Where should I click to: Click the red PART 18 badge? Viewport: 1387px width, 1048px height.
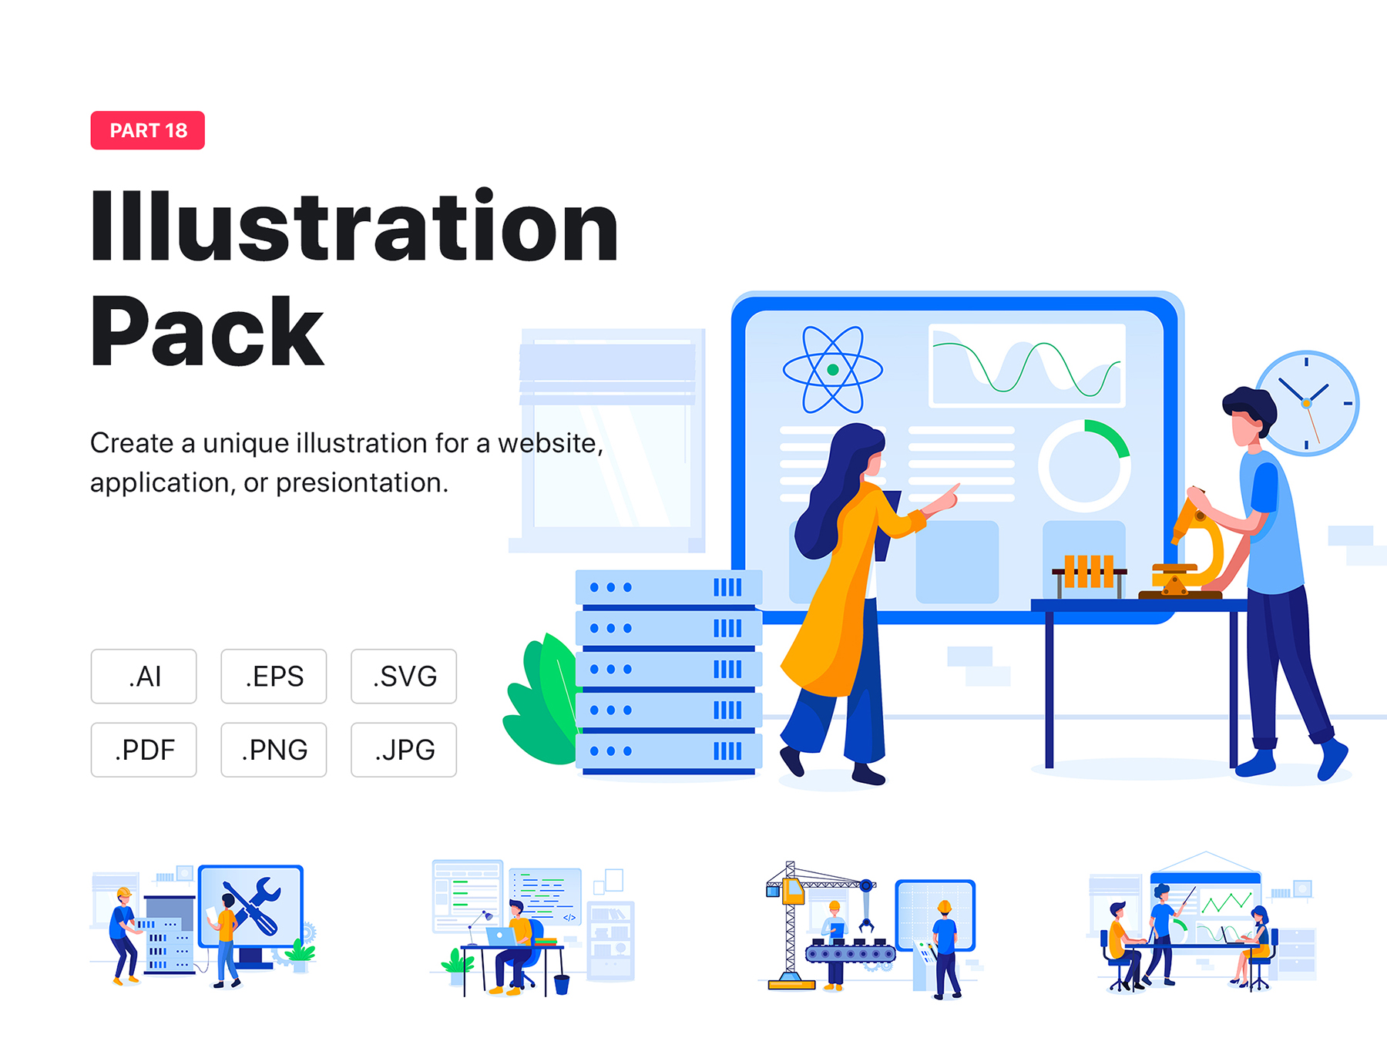pyautogui.click(x=148, y=130)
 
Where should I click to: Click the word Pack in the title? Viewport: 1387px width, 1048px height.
pyautogui.click(x=207, y=331)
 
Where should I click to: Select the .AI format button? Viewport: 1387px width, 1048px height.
pyautogui.click(x=144, y=677)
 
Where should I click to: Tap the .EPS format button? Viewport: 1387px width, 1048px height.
pyautogui.click(x=274, y=677)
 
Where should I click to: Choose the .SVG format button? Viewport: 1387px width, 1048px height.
pyautogui.click(x=404, y=677)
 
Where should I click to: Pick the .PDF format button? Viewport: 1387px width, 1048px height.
pyautogui.click(x=144, y=750)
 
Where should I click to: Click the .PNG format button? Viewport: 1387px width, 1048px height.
pyautogui.click(x=274, y=750)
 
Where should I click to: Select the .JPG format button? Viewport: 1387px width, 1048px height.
pyautogui.click(x=404, y=750)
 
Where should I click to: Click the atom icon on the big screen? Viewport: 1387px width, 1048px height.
pyautogui.click(x=833, y=370)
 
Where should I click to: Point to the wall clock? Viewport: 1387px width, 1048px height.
pyautogui.click(x=1308, y=403)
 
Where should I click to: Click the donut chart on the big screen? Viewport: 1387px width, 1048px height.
pyautogui.click(x=1084, y=466)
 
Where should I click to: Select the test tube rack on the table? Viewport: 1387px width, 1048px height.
pyautogui.click(x=1090, y=575)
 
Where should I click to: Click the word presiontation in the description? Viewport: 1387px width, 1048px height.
pyautogui.click(x=361, y=483)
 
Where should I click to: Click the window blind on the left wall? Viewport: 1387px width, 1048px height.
pyautogui.click(x=608, y=374)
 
